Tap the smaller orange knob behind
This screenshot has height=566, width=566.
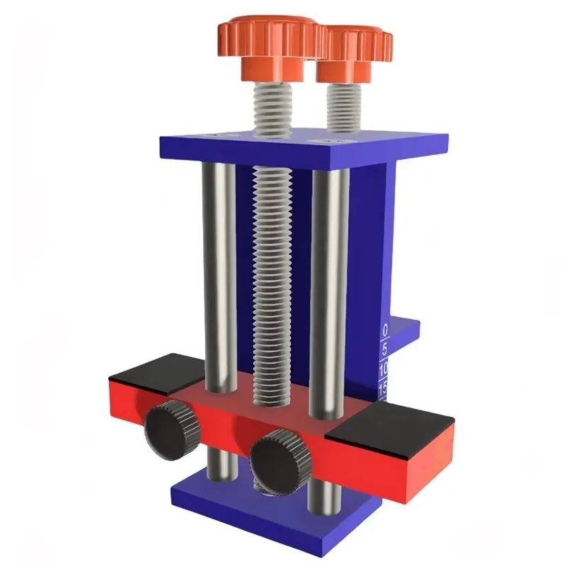click(352, 50)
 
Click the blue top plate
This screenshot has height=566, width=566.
click(304, 146)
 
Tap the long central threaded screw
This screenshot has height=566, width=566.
click(270, 283)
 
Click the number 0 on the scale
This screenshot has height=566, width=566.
click(385, 330)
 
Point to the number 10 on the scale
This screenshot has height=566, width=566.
click(383, 369)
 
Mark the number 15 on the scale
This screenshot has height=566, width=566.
click(383, 388)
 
